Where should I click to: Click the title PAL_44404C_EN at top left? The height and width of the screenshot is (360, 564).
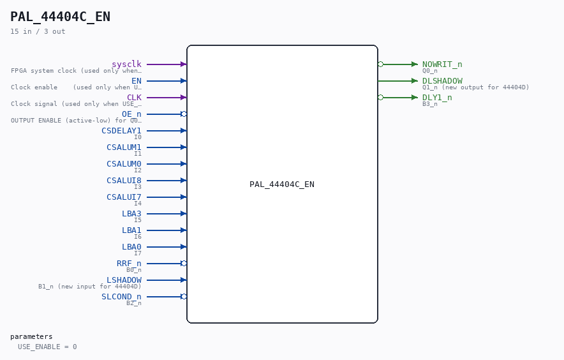click(61, 17)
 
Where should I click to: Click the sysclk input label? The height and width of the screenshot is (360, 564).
click(126, 64)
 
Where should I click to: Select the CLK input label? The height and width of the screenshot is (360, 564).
click(134, 97)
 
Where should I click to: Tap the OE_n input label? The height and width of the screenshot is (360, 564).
click(131, 114)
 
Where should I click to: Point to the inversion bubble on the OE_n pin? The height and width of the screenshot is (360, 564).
click(184, 114)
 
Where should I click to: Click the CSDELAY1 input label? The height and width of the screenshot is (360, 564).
click(122, 131)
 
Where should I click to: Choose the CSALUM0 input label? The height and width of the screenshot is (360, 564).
click(124, 164)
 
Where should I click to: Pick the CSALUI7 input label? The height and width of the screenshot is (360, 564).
click(124, 197)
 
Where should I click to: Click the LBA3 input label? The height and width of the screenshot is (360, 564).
click(131, 213)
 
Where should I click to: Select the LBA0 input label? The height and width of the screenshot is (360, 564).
click(131, 246)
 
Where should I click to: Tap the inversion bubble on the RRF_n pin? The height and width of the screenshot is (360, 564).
click(184, 264)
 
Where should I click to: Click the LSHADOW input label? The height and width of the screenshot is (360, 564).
click(124, 280)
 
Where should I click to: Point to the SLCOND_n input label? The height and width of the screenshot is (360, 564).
click(122, 297)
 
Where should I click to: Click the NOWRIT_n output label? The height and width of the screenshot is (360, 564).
click(442, 64)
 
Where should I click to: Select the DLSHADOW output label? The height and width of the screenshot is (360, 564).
click(442, 80)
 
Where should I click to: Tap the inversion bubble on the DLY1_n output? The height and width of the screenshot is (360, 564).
click(380, 97)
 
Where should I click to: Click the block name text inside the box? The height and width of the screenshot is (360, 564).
click(282, 184)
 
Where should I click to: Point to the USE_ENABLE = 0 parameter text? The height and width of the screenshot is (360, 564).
click(47, 347)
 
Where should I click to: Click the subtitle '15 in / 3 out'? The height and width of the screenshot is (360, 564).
click(38, 31)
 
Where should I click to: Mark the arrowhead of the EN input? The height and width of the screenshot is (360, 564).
click(184, 80)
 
